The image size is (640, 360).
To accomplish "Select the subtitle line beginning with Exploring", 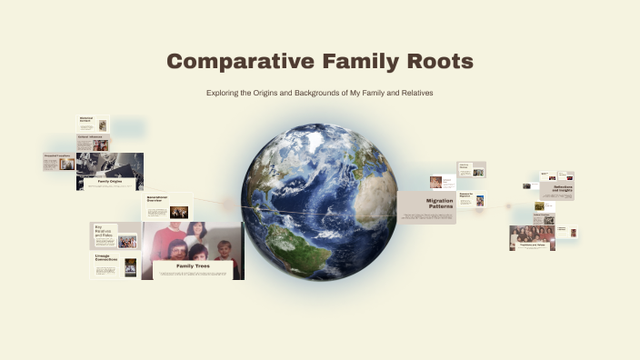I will pos(319,93).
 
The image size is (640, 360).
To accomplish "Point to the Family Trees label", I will pos(192,265).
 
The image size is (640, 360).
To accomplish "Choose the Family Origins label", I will pos(103,182).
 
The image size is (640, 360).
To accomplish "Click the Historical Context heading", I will pos(86,118).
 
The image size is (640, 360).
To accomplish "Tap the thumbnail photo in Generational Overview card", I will pos(178,212).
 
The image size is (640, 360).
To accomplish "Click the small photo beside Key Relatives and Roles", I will pos(127,241).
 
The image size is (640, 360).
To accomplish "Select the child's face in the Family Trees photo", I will pos(225,249).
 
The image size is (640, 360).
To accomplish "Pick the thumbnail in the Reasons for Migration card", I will pos(479,200).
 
